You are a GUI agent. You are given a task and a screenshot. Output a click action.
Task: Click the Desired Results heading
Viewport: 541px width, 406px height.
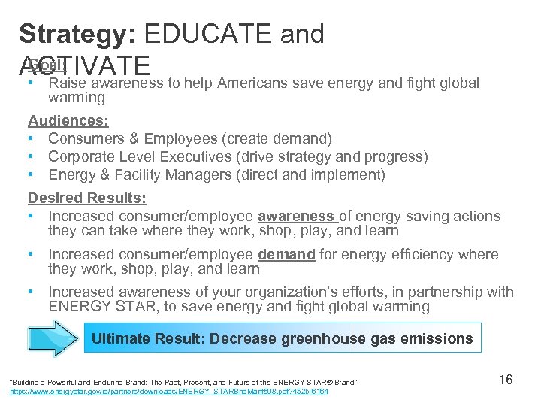click(87, 198)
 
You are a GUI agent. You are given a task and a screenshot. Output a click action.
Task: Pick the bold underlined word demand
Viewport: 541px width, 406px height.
click(287, 255)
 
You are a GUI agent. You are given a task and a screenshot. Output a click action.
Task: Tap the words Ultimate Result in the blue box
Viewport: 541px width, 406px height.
click(145, 338)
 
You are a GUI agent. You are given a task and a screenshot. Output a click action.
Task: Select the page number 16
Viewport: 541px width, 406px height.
click(506, 380)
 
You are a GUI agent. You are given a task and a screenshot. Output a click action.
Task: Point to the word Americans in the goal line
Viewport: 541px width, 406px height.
click(254, 83)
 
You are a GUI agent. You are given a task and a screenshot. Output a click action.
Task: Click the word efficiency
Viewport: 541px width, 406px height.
click(407, 255)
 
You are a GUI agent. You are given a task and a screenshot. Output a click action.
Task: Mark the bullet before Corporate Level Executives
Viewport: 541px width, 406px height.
click(32, 156)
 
